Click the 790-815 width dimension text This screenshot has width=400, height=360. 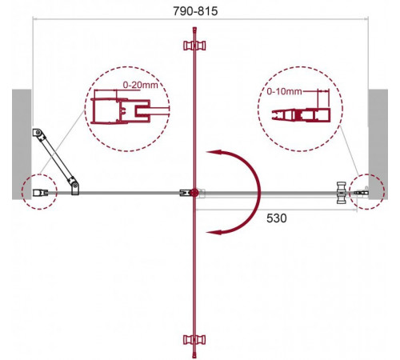coord(195,11)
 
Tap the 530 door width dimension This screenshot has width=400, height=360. coord(277,218)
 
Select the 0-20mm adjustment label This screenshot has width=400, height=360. coord(140,85)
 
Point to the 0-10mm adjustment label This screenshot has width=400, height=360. coord(284,91)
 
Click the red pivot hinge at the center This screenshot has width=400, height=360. coord(194,193)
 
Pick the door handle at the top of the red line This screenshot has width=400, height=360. coord(194,46)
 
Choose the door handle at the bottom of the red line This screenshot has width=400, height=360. coord(194,339)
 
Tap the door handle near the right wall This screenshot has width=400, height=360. coord(342,193)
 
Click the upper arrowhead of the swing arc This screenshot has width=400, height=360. coord(214,152)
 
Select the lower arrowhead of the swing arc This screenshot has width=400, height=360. coord(214,232)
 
